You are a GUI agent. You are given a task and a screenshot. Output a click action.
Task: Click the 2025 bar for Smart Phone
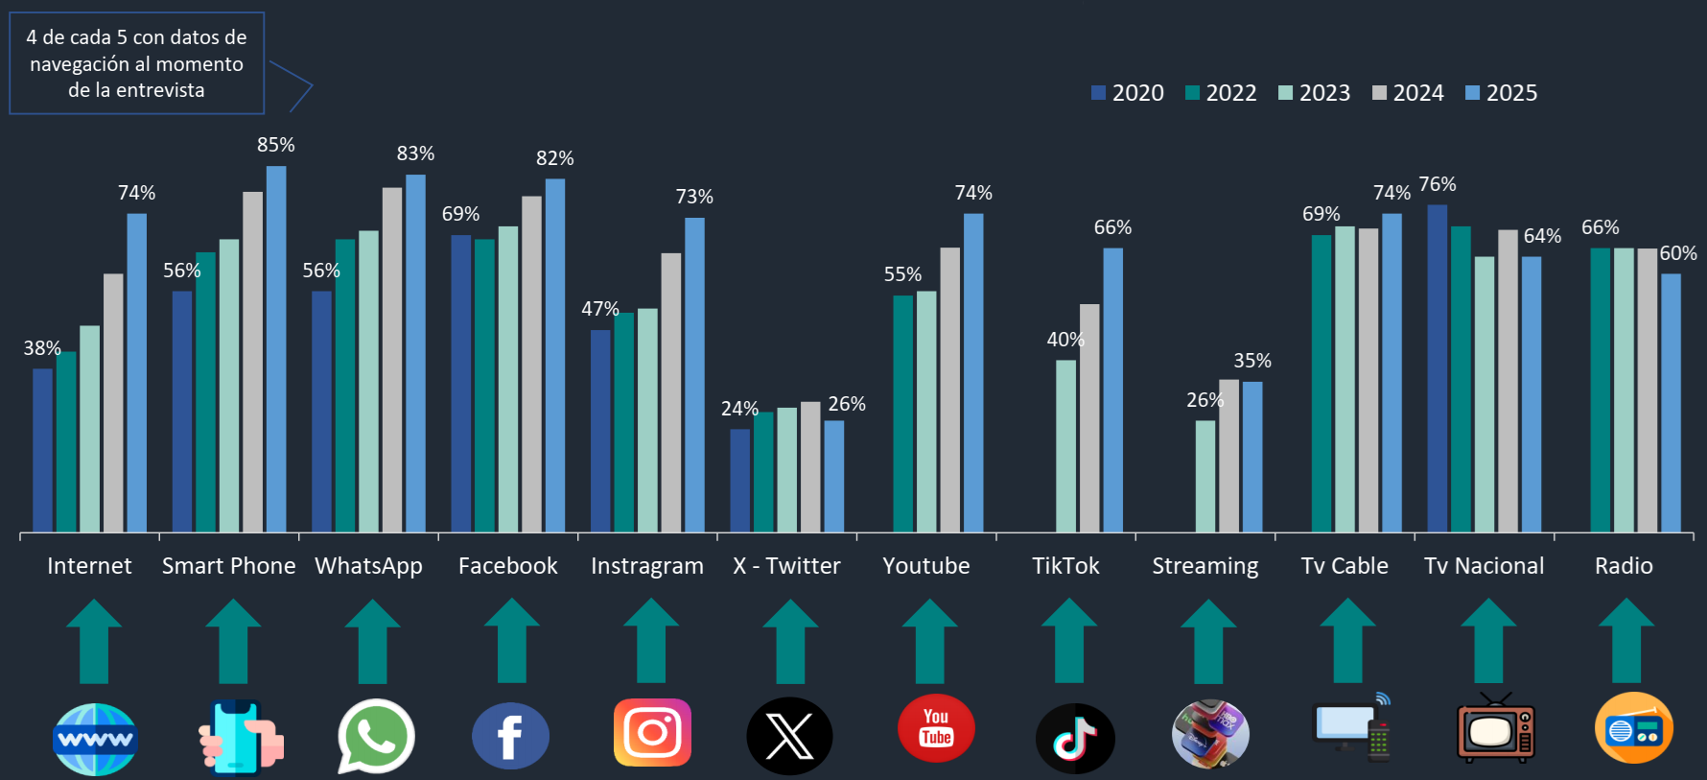(x=276, y=349)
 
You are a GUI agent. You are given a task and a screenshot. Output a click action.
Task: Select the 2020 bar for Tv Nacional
(x=1437, y=368)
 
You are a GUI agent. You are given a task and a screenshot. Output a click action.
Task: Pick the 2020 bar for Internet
(x=42, y=450)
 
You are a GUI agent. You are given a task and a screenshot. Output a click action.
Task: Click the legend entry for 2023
(x=1315, y=93)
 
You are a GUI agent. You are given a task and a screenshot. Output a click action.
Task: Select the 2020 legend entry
(x=1128, y=93)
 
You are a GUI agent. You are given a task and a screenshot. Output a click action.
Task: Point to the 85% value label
(x=275, y=145)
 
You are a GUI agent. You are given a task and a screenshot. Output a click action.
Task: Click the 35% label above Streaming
(x=1251, y=361)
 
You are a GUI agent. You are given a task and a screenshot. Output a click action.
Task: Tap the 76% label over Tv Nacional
(x=1437, y=184)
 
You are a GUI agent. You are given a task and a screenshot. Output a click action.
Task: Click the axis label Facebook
(x=507, y=566)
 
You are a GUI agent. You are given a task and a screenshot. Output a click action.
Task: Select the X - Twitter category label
(x=786, y=566)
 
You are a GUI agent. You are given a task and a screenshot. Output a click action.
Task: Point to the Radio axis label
(x=1624, y=566)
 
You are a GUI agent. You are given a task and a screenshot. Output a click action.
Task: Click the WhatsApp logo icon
(x=375, y=736)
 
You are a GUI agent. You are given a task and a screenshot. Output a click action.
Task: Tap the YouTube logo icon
(x=936, y=728)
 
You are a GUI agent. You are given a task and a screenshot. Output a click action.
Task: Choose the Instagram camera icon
(x=652, y=733)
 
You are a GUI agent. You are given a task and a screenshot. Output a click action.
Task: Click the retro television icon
(x=1495, y=730)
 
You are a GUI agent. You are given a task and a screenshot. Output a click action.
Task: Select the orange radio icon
(x=1633, y=728)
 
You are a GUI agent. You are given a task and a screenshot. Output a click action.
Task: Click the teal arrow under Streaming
(x=1207, y=642)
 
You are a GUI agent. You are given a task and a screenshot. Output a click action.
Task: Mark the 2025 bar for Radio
(x=1671, y=403)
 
